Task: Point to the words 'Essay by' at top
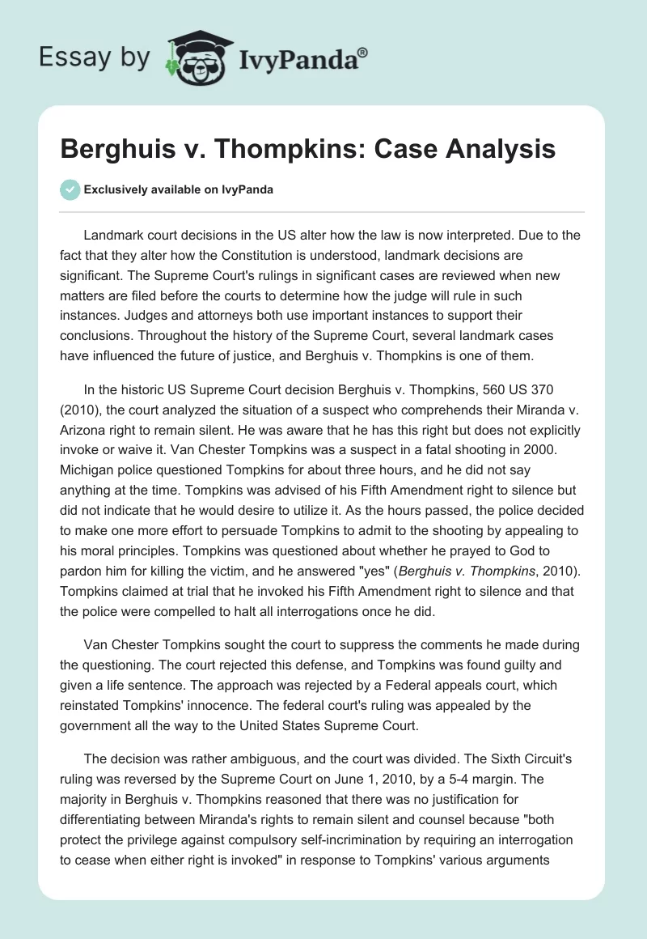94,57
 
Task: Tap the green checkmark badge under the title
70,189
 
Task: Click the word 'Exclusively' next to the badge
115,189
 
